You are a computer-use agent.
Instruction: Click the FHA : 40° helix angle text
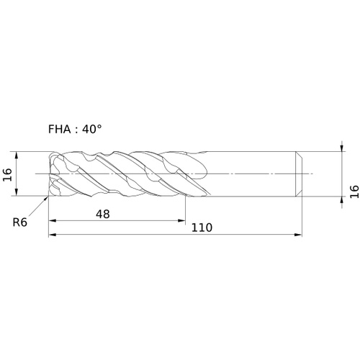(x=75, y=130)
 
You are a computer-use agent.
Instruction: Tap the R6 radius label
(x=20, y=222)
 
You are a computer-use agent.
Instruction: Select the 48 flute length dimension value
(x=103, y=214)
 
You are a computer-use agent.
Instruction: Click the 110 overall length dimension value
(x=202, y=228)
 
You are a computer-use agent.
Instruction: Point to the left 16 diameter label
(x=7, y=174)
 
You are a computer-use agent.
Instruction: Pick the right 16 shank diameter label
(x=354, y=192)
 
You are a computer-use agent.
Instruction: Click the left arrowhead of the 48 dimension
(x=53, y=220)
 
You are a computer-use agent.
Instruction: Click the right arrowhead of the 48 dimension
(x=181, y=220)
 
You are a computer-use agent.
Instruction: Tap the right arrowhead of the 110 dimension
(x=298, y=235)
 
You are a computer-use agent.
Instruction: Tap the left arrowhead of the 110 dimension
(x=53, y=235)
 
